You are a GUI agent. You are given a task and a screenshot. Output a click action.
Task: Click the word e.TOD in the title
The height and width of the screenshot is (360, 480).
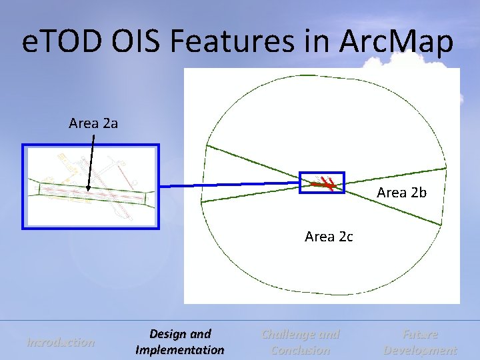(58, 43)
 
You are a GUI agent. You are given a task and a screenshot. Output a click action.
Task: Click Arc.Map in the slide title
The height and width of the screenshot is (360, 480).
(397, 43)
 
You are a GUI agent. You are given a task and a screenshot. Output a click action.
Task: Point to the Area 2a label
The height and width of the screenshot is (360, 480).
(93, 123)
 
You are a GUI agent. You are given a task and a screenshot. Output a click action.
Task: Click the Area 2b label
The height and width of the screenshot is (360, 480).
(401, 193)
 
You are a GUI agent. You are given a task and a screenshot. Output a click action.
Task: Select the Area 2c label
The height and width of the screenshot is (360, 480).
(329, 237)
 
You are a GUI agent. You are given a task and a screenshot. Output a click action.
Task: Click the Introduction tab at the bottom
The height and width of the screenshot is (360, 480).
(61, 342)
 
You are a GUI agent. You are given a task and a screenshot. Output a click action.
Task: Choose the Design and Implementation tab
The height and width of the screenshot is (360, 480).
(180, 342)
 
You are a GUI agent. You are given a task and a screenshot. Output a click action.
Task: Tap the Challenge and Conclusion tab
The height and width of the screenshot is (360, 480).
(301, 342)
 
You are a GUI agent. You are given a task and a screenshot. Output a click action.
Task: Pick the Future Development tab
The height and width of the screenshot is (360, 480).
(420, 342)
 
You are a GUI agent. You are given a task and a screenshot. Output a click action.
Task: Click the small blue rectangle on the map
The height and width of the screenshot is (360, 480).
(322, 173)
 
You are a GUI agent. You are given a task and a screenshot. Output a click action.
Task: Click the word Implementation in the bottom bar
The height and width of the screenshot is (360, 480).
(180, 350)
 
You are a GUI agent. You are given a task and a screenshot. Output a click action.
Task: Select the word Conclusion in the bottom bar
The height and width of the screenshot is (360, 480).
(301, 350)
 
